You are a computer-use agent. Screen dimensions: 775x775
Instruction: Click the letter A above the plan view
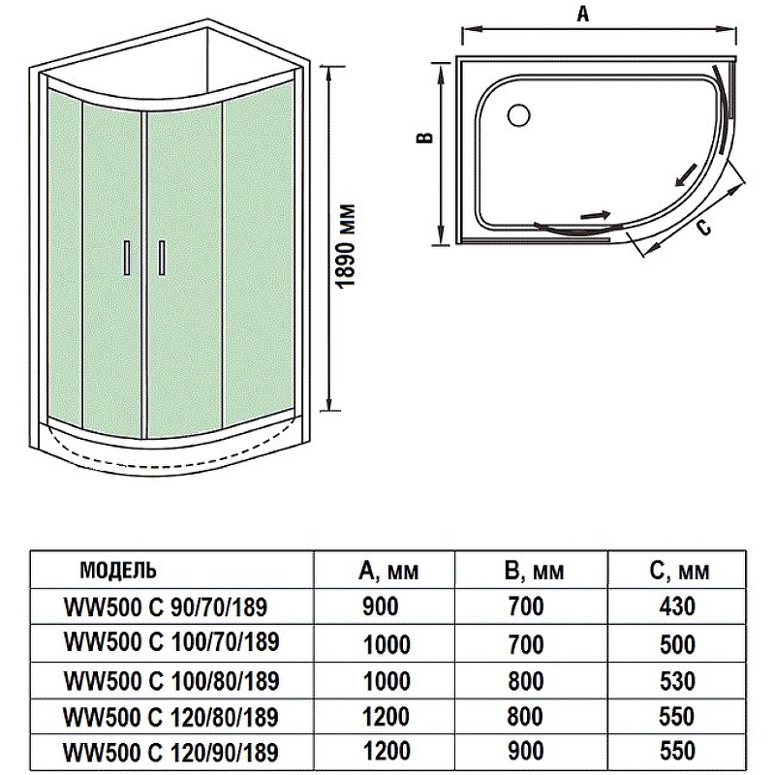click(582, 14)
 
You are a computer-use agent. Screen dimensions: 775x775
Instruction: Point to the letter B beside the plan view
click(423, 140)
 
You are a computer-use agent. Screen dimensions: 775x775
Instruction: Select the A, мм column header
click(388, 571)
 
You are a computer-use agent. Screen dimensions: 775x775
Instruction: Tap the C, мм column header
click(679, 571)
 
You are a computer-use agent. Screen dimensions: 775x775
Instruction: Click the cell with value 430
click(676, 607)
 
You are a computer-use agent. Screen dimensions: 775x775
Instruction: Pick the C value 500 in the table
click(676, 644)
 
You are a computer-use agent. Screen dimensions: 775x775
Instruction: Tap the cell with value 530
click(676, 681)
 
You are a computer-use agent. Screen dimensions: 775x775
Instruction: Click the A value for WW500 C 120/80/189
click(387, 717)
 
